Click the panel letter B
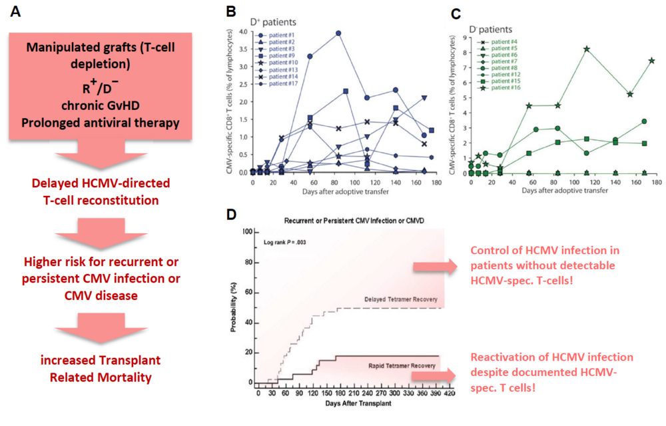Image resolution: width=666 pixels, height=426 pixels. (230, 11)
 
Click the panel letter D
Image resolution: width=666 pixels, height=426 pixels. (230, 215)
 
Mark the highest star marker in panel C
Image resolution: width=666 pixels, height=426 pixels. (587, 49)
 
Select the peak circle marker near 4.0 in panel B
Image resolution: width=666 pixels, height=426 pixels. (338, 33)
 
